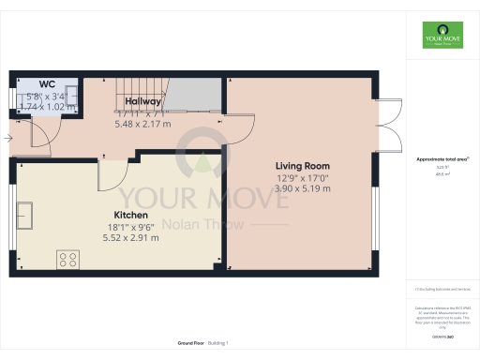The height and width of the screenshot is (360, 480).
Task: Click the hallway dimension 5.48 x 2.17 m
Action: [x=142, y=124]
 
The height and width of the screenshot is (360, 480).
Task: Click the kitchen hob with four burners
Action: [x=68, y=257]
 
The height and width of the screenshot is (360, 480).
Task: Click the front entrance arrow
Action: [x=7, y=139]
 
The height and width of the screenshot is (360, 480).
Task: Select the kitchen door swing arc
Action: [x=112, y=172]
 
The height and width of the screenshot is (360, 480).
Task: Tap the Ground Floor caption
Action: [x=192, y=344]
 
